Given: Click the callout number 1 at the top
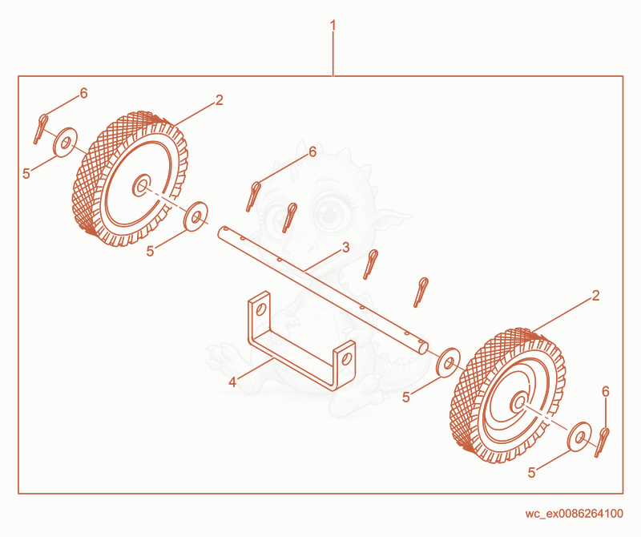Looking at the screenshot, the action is (x=333, y=26).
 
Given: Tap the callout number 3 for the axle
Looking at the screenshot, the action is (x=346, y=248).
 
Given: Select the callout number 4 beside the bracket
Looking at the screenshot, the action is (x=232, y=382).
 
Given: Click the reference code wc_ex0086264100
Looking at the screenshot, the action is (x=574, y=513).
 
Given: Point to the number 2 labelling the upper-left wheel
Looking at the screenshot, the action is (x=220, y=100).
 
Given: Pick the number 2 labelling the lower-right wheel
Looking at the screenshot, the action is (x=595, y=296).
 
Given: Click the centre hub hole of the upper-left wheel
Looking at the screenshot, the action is (x=142, y=186).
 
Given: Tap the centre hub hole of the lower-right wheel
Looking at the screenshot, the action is (x=519, y=402).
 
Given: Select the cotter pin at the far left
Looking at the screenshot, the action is (x=41, y=129).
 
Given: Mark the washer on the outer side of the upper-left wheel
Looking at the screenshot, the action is (x=66, y=142).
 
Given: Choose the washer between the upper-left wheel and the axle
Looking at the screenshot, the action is (x=196, y=216).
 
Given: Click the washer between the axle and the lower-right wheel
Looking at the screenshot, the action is (x=448, y=362).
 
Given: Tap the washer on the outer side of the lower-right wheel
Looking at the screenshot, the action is (x=579, y=437).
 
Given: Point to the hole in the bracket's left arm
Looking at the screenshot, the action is (x=260, y=309).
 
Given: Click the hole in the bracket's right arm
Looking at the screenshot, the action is (x=346, y=359).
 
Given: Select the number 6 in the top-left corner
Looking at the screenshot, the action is (x=84, y=94).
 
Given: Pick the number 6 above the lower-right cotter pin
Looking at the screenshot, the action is (x=606, y=392).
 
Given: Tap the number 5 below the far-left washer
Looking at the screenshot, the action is (x=26, y=174).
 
